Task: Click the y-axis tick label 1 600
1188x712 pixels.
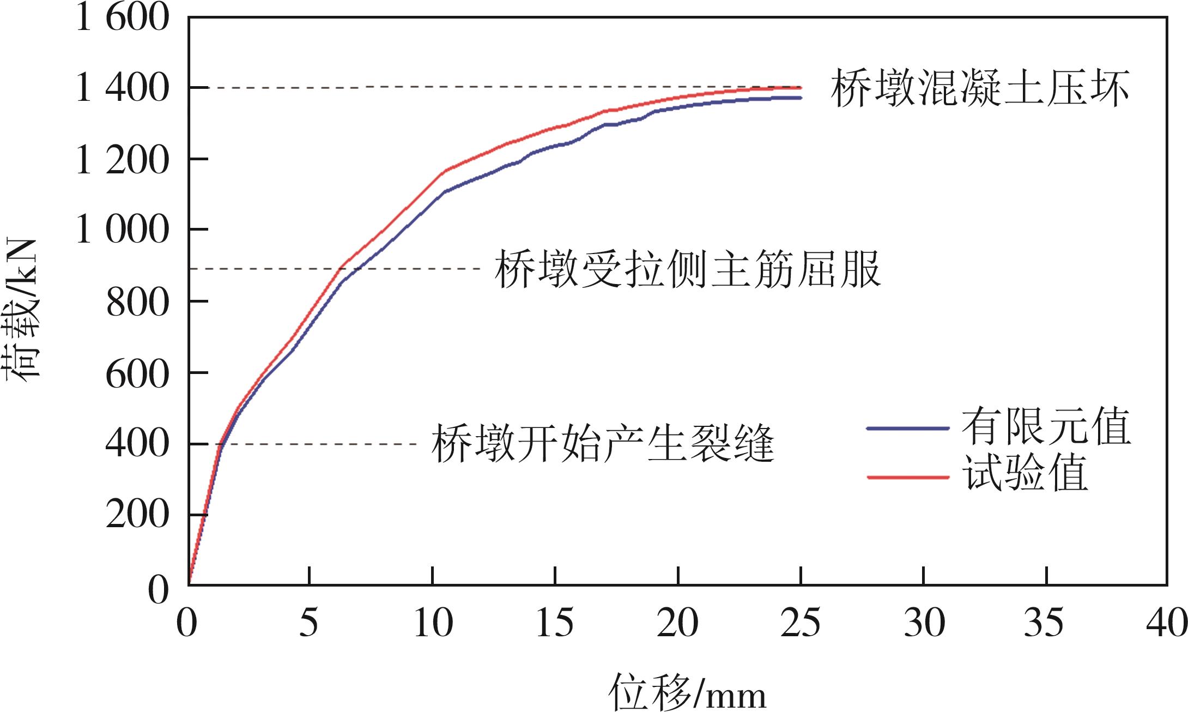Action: coord(122,18)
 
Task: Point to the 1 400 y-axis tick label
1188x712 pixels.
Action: coord(122,89)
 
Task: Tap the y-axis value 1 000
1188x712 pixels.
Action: coord(122,231)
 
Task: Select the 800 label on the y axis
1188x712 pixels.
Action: coord(136,301)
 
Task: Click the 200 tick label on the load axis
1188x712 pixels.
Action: coord(136,515)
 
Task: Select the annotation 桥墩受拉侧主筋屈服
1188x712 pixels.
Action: coord(687,269)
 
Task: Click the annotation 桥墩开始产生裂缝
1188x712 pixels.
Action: coord(603,444)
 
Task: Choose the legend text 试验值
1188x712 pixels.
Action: coord(1027,474)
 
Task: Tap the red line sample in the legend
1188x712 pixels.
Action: coord(907,477)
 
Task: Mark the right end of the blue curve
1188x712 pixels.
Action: coord(800,98)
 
